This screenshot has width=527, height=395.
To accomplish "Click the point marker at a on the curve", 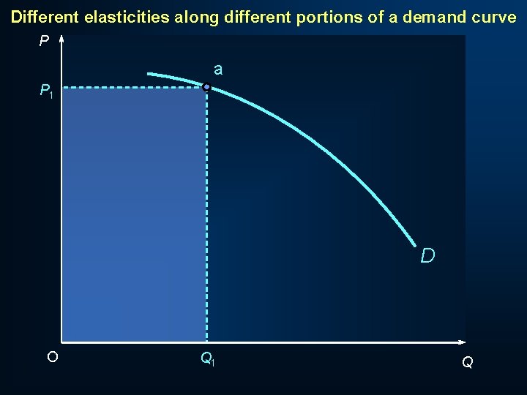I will (207, 88).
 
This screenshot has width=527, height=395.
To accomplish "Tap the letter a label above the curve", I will (218, 70).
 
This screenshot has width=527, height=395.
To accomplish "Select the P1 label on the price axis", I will (46, 91).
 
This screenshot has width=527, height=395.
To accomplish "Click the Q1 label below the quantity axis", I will (207, 359).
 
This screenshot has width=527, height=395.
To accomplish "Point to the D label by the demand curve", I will (428, 255).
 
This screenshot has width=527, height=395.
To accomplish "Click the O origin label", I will (52, 357).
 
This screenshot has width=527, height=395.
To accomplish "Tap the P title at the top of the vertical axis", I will (45, 42).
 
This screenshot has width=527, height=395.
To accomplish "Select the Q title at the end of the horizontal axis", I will (467, 362).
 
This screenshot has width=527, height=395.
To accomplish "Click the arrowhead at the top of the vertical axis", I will (61, 39).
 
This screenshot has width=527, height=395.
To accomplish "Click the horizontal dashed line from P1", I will (132, 89).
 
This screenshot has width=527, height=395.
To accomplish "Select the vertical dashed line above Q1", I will (207, 219).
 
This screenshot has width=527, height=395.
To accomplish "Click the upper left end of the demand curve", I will (149, 74).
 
